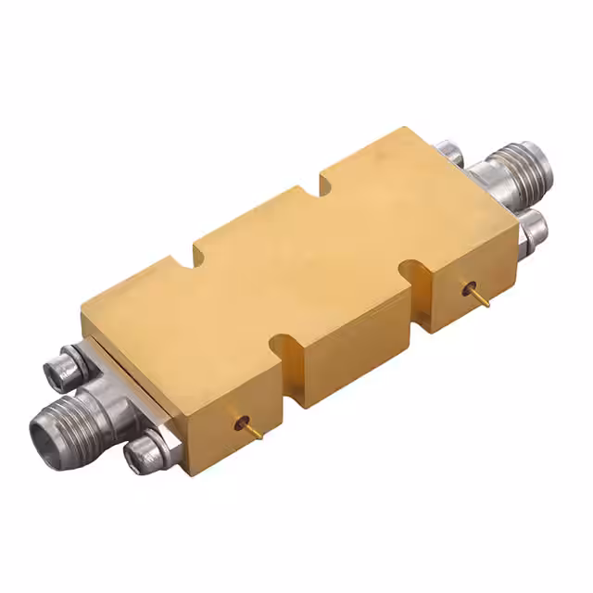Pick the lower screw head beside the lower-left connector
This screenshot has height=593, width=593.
pyautogui.click(x=147, y=455)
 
